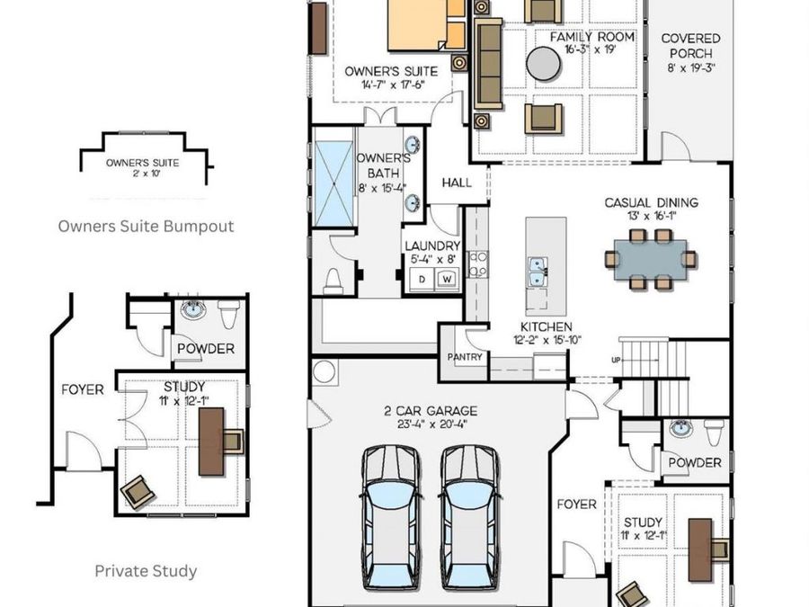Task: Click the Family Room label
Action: (x=591, y=38)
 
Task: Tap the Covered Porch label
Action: (x=690, y=46)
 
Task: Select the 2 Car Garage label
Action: (x=431, y=411)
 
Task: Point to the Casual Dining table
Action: (x=653, y=260)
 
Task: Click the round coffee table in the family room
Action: (x=543, y=64)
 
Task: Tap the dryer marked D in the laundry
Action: (x=422, y=280)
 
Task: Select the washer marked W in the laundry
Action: (x=448, y=280)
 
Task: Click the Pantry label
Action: (x=465, y=357)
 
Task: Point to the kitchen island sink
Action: (x=538, y=272)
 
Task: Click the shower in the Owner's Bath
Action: (x=333, y=183)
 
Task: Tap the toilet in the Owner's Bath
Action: (x=333, y=281)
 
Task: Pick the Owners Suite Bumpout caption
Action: (x=146, y=227)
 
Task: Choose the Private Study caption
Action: (x=146, y=571)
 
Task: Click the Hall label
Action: (x=457, y=183)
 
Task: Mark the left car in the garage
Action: (x=391, y=517)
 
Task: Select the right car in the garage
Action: (x=470, y=517)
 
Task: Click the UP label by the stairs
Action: (x=616, y=361)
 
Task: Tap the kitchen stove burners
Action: (x=478, y=263)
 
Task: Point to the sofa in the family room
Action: (x=487, y=64)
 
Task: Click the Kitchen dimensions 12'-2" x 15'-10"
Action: (x=547, y=340)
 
